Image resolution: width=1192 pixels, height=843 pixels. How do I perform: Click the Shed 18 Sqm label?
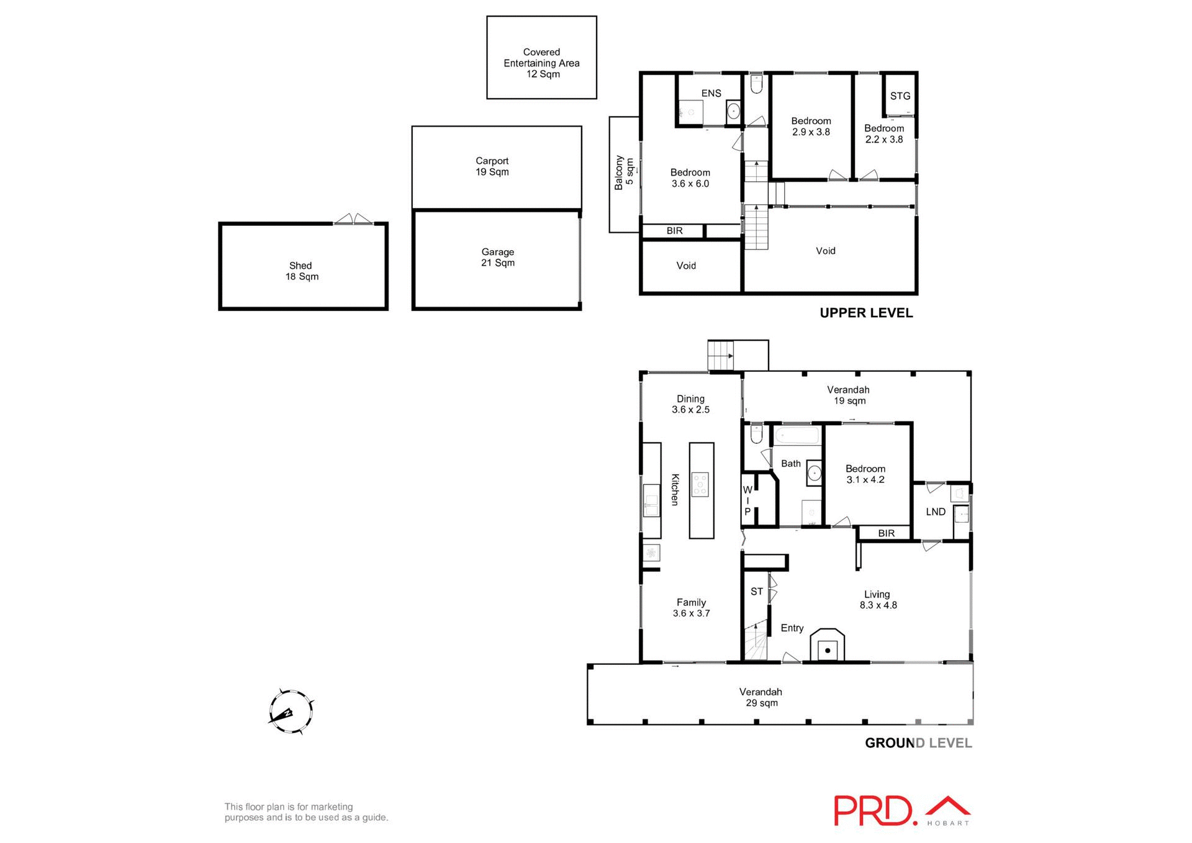point(301,271)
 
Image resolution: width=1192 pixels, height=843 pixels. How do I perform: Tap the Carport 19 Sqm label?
point(492,166)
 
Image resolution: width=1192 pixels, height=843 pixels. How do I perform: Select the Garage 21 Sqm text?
point(497,258)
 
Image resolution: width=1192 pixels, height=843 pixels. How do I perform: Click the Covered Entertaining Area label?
point(541,63)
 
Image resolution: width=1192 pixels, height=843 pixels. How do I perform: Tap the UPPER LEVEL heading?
point(865,313)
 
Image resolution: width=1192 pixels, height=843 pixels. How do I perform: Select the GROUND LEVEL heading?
point(918,743)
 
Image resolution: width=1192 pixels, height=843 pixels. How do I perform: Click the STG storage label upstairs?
point(900,96)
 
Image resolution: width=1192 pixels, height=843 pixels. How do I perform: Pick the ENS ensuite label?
point(711,94)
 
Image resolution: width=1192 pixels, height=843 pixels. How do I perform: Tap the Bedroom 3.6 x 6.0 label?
point(690,178)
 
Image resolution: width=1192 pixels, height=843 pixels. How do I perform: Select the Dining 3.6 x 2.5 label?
point(690,404)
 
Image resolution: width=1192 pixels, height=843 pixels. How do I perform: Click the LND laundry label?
point(935,512)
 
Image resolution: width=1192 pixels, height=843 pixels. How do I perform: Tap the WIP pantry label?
point(747,501)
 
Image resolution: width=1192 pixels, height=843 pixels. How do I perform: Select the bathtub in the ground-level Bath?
point(797,435)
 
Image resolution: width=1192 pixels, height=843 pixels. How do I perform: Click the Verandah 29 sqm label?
point(761,697)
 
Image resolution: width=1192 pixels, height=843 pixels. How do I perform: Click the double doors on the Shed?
point(353,219)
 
